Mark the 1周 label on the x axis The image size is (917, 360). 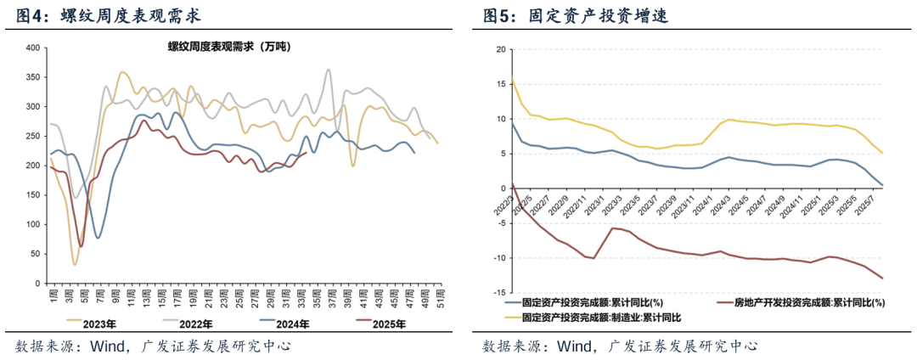(51, 299)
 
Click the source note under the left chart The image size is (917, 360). (153, 346)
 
